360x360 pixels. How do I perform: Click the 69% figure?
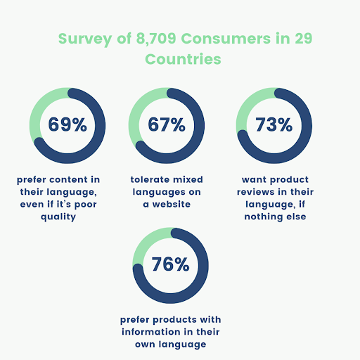(x=67, y=125)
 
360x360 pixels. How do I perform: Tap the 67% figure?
(x=167, y=125)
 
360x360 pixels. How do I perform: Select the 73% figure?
(x=274, y=125)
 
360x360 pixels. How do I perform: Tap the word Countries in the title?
(x=183, y=59)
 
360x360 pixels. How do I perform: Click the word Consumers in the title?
(x=217, y=38)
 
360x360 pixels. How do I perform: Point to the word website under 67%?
(x=182, y=205)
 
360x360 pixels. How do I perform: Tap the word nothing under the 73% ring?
(x=274, y=217)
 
